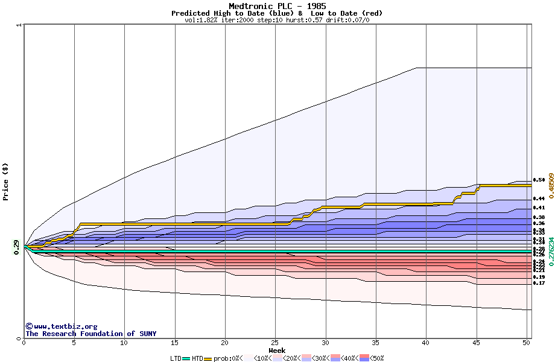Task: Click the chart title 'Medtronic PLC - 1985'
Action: [277, 6]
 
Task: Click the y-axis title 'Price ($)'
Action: [6, 182]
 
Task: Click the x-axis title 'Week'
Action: [277, 350]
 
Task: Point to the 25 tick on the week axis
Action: [275, 343]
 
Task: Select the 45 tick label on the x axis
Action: [476, 343]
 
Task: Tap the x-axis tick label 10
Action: [124, 343]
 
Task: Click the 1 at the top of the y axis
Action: [19, 25]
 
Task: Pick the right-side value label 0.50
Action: [539, 180]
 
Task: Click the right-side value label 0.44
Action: [539, 198]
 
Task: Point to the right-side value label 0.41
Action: [539, 208]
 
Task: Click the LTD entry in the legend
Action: [176, 358]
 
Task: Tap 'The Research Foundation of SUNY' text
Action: [90, 334]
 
